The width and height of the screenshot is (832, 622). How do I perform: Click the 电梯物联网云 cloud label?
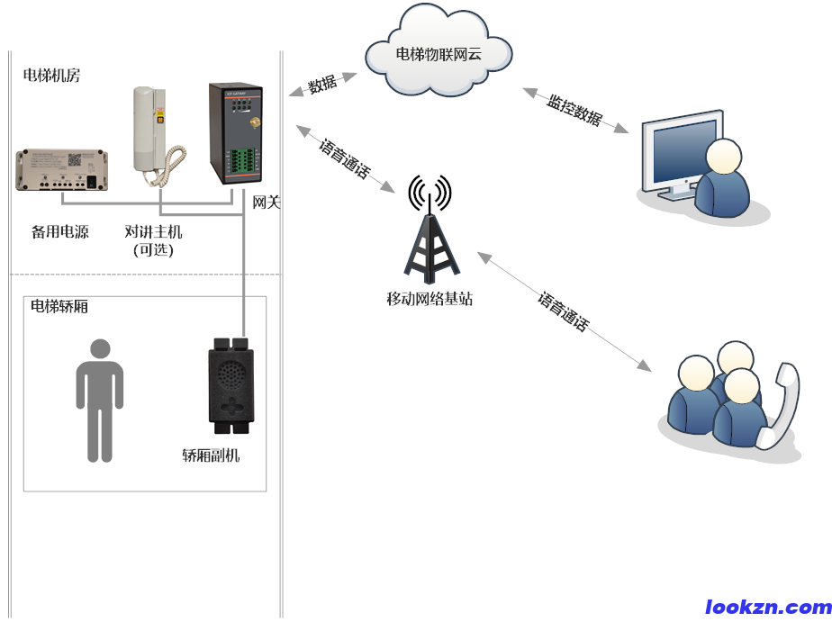pyautogui.click(x=439, y=54)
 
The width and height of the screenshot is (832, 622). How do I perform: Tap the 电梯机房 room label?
pyautogui.click(x=51, y=76)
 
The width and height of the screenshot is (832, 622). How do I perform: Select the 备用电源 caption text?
pyautogui.click(x=60, y=231)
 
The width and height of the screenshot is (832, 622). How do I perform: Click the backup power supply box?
pyautogui.click(x=62, y=169)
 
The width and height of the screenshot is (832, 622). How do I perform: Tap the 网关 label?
pyautogui.click(x=267, y=203)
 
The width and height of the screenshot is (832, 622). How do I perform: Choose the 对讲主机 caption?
pyautogui.click(x=153, y=232)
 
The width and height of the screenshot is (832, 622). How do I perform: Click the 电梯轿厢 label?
pyautogui.click(x=59, y=307)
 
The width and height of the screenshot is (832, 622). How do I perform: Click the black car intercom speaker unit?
pyautogui.click(x=233, y=382)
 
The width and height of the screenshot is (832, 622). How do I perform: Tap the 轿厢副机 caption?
pyautogui.click(x=211, y=455)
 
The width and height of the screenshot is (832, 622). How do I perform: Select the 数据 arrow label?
pyautogui.click(x=322, y=86)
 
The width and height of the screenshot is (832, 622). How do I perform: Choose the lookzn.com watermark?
pyautogui.click(x=767, y=608)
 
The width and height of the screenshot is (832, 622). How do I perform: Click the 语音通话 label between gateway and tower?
pyautogui.click(x=344, y=159)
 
